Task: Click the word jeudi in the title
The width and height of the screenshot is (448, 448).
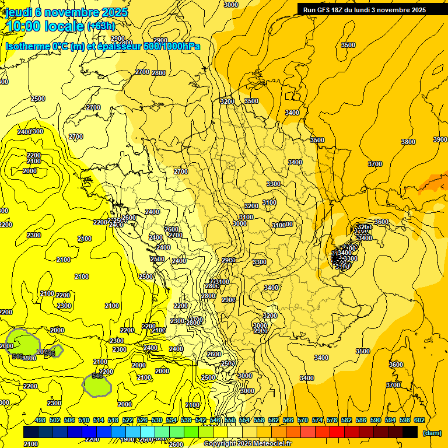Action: point(23,12)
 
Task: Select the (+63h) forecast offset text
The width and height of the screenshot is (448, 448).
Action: point(101,26)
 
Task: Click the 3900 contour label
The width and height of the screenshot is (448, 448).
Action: point(440,139)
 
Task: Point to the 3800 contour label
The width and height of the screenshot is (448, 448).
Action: point(408,142)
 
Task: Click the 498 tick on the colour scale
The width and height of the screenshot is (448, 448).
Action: point(40,420)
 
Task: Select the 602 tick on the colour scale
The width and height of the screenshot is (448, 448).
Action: point(419,420)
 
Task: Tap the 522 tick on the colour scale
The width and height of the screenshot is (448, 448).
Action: point(128,420)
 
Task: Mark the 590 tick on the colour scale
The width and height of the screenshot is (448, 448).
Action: point(376,420)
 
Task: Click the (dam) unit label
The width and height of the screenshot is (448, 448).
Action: point(432,432)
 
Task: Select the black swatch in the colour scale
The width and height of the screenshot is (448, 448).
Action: point(410,432)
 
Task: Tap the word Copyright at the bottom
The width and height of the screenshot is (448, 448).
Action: point(219,444)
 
